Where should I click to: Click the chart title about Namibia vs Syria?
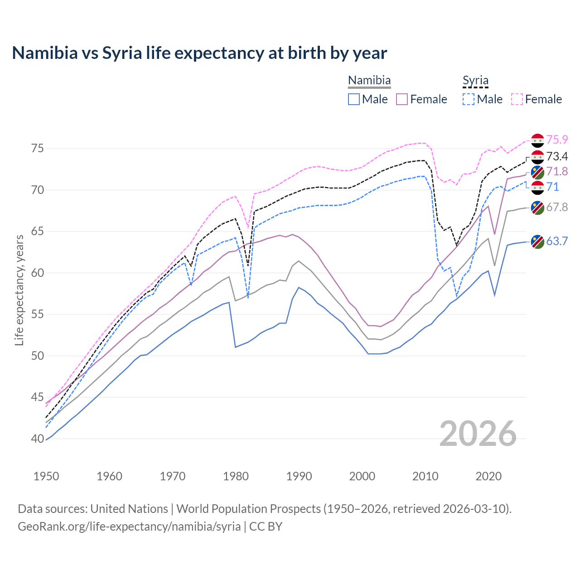(199, 53)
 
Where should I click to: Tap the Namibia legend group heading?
(369, 81)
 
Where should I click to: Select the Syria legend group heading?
(475, 81)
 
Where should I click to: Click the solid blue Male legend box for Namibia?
(354, 99)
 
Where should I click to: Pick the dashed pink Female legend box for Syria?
(517, 99)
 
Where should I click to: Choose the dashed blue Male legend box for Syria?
(469, 99)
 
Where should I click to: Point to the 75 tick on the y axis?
(38, 149)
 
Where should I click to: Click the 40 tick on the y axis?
(38, 439)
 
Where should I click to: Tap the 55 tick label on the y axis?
(38, 314)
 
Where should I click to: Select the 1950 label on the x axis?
(46, 476)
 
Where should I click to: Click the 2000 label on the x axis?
(362, 476)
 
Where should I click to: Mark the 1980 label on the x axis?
(236, 476)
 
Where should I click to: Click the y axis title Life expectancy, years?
(19, 290)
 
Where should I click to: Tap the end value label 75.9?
(557, 140)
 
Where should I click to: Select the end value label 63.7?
(557, 241)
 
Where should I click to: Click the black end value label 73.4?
(557, 157)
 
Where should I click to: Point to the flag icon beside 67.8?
(537, 208)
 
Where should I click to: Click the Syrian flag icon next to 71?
(537, 187)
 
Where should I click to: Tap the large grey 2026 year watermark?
(478, 434)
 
